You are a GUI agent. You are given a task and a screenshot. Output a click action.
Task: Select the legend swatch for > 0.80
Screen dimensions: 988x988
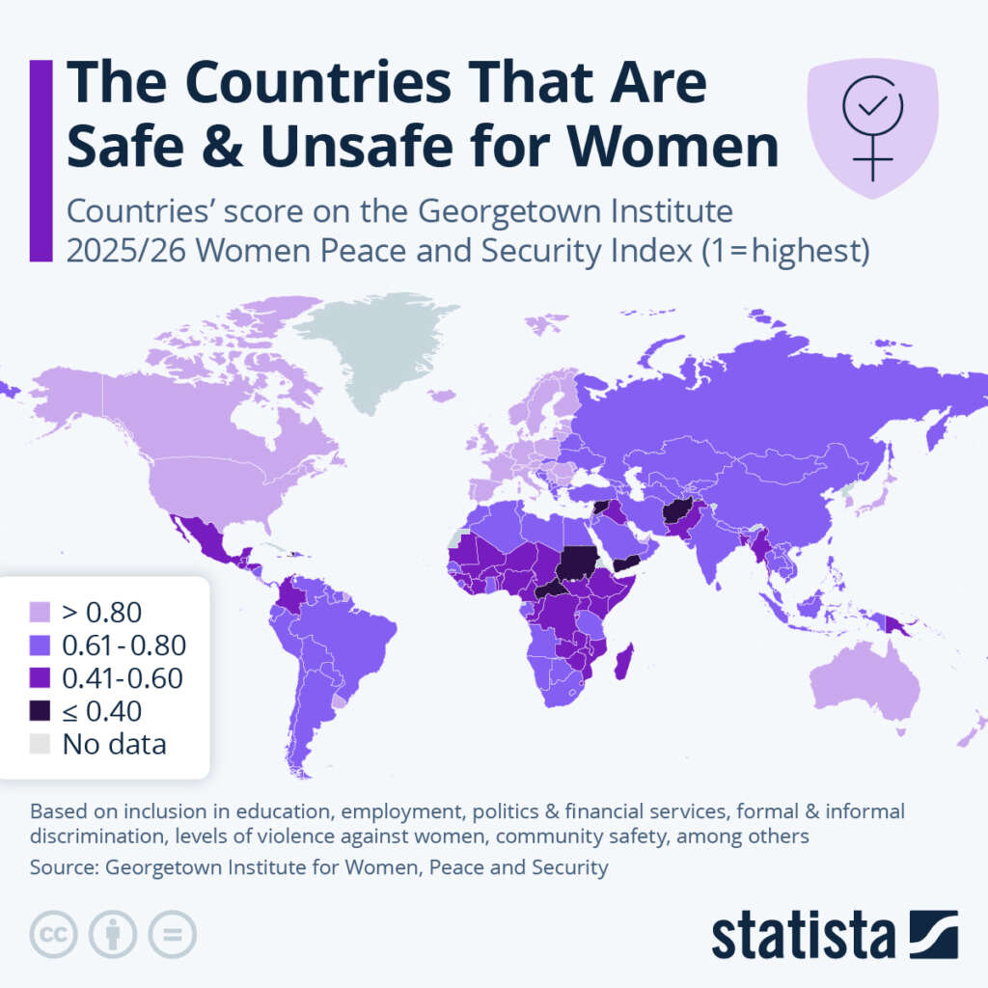click(40, 612)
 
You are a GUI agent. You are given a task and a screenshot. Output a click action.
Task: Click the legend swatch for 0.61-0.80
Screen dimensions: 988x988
click(40, 645)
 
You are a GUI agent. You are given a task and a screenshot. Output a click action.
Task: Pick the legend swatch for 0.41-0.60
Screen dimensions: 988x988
click(40, 678)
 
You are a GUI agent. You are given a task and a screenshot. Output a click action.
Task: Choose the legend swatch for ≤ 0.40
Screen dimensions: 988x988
click(40, 711)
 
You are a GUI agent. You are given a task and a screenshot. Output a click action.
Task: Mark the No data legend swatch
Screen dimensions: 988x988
click(40, 745)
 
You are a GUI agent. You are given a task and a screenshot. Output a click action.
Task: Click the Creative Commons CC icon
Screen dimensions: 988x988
click(55, 934)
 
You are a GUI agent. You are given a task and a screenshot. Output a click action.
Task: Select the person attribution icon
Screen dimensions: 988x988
click(113, 934)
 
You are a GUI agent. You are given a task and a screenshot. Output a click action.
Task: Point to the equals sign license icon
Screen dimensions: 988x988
click(172, 934)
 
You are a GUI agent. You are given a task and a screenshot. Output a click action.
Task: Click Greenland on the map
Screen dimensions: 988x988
click(386, 347)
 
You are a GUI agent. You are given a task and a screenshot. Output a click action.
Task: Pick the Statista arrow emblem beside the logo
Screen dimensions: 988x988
click(933, 934)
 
